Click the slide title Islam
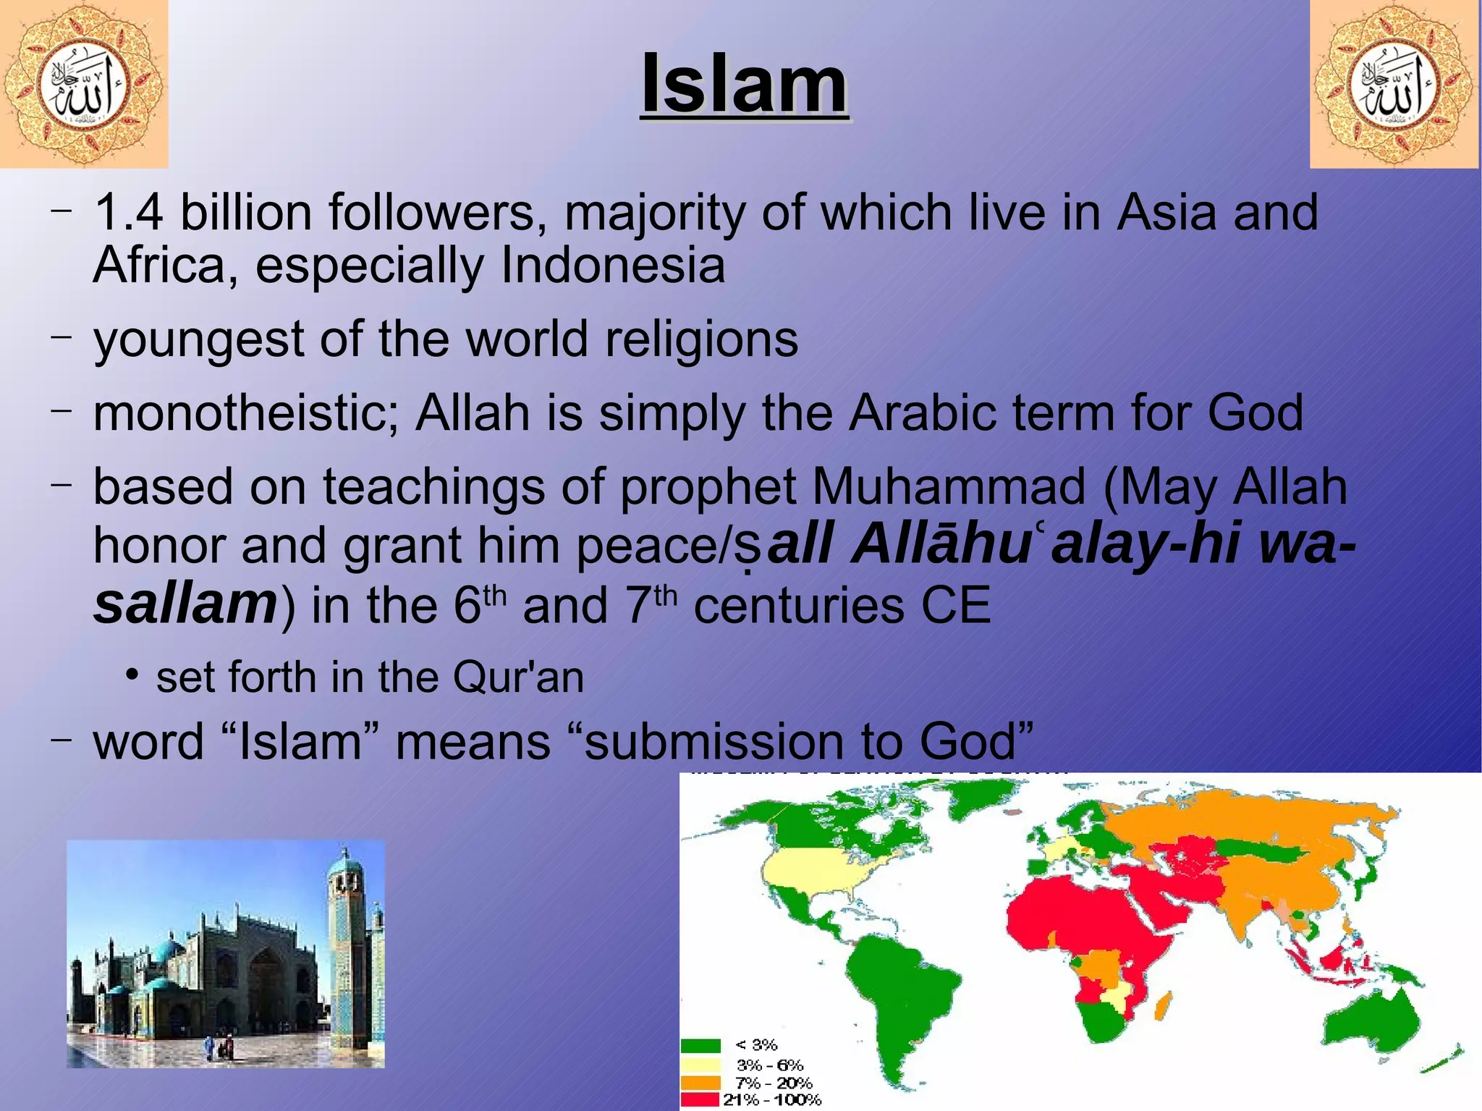(744, 85)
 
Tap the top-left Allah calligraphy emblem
(83, 84)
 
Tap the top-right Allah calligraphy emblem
(1394, 84)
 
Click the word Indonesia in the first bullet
(612, 265)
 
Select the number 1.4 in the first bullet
(129, 213)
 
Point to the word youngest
(199, 340)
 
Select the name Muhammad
(949, 486)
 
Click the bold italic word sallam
(185, 604)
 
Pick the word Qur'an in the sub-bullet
(518, 678)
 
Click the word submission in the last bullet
(714, 743)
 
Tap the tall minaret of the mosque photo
(347, 941)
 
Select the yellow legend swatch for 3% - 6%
(700, 1065)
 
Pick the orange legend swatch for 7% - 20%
(700, 1083)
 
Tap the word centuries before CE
(798, 606)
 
